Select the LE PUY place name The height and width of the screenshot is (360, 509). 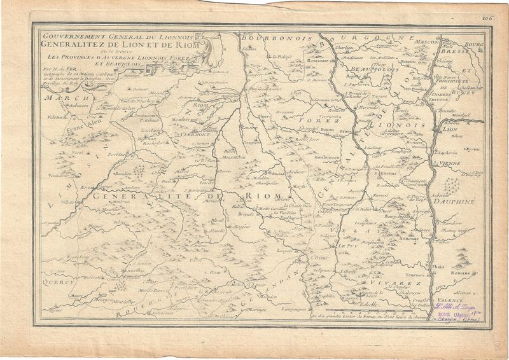[349, 246]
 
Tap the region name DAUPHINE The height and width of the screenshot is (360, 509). [454, 202]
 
